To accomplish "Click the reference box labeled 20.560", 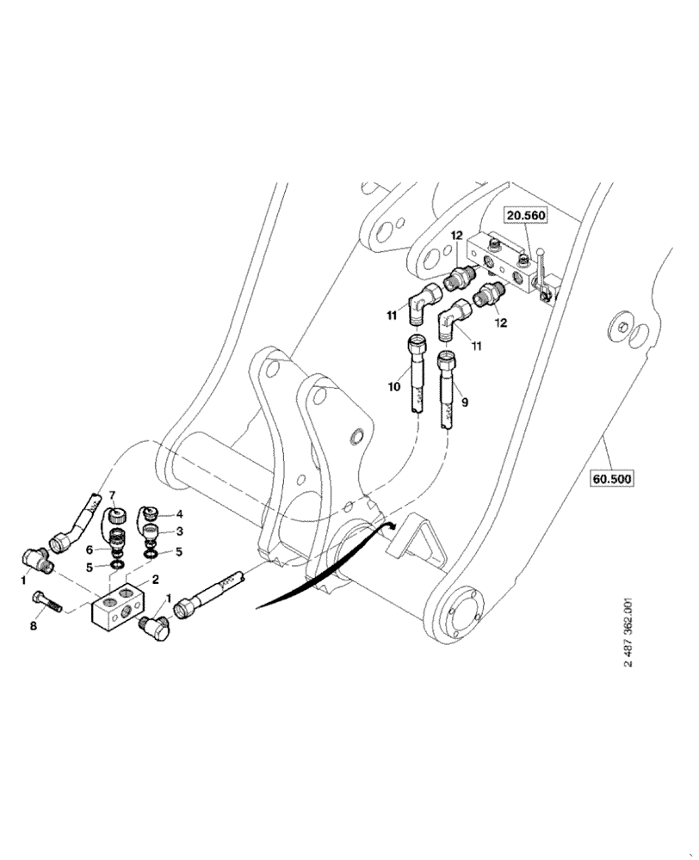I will pos(525,215).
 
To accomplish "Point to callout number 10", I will pos(394,387).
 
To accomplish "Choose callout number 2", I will pos(156,580).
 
